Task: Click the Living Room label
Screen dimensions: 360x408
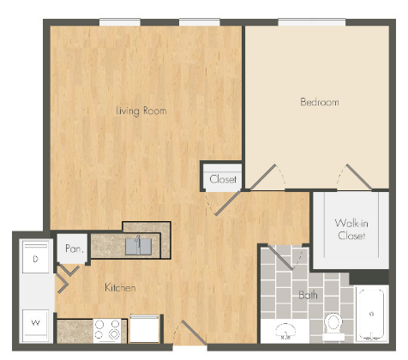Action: [x=141, y=111]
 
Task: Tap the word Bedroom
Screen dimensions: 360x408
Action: [x=319, y=102]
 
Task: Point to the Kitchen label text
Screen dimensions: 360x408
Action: [x=119, y=287]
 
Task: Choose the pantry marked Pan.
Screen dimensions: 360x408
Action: [x=73, y=249]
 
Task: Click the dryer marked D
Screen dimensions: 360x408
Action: [x=35, y=258]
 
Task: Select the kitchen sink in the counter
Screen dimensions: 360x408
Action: [x=139, y=246]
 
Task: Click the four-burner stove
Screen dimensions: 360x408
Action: [x=108, y=330]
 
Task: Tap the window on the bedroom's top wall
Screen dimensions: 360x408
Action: [x=306, y=22]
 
